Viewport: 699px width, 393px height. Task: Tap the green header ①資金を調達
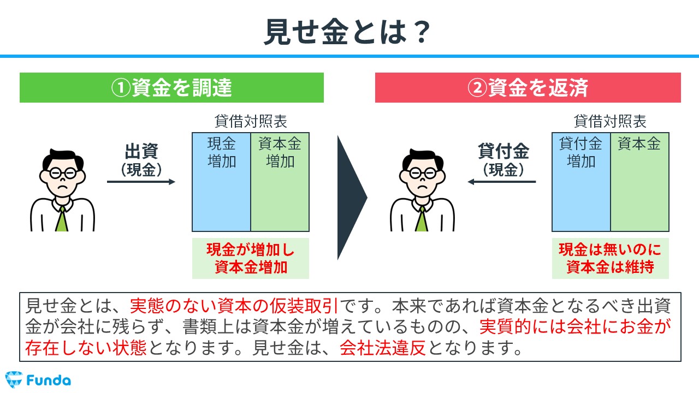point(171,88)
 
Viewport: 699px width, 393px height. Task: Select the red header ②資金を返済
point(528,88)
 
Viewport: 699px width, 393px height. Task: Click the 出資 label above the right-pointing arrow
point(141,151)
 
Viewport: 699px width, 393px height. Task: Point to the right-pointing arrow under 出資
point(141,182)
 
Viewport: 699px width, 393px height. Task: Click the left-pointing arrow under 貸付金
point(501,182)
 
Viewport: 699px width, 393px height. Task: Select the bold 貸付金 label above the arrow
point(503,151)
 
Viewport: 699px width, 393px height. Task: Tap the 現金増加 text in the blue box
point(222,152)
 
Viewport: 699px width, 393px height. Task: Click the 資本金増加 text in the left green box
point(280,152)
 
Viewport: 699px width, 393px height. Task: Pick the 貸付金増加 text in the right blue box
point(580,152)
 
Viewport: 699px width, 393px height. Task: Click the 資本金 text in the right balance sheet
point(639,144)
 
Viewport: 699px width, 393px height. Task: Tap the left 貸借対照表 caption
point(251,121)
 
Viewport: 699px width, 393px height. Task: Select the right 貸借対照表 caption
point(610,121)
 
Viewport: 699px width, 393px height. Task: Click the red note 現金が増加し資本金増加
point(251,259)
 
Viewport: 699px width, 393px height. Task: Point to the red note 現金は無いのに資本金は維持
point(610,259)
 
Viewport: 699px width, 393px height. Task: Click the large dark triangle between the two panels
point(349,198)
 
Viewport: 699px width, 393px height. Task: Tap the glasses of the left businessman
point(63,173)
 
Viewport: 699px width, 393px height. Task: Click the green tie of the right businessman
point(422,219)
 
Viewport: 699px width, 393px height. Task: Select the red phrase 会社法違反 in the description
point(383,348)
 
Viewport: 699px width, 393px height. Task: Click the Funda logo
point(38,380)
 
